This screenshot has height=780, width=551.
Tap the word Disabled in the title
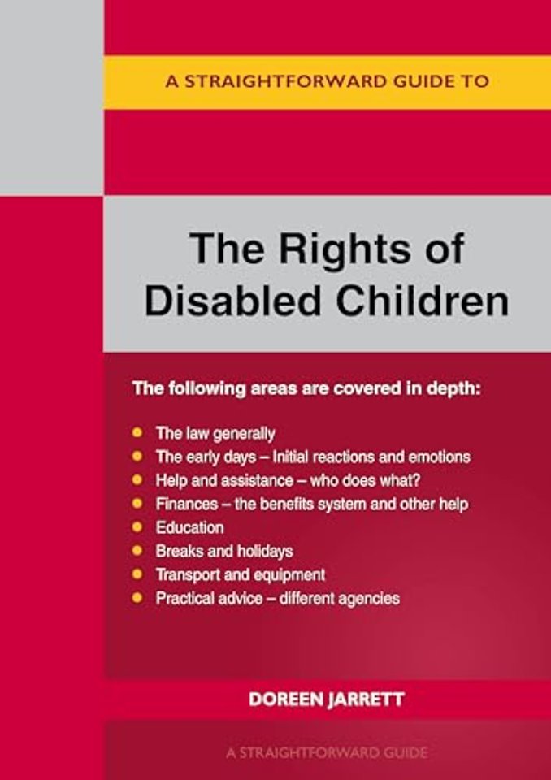232,301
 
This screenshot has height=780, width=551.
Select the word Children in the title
423,301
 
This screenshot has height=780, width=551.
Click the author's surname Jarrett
366,700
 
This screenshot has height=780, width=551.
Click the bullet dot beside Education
137,526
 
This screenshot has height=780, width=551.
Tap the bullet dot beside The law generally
137,432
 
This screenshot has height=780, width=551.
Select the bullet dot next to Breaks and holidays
137,551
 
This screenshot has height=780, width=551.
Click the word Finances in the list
187,504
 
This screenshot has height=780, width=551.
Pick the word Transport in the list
189,575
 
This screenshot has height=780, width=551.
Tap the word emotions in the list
439,457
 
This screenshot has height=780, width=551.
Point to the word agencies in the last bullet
369,599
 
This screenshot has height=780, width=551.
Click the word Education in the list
189,527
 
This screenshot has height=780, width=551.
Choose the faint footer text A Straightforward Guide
327,752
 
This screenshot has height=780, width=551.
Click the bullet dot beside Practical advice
137,598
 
